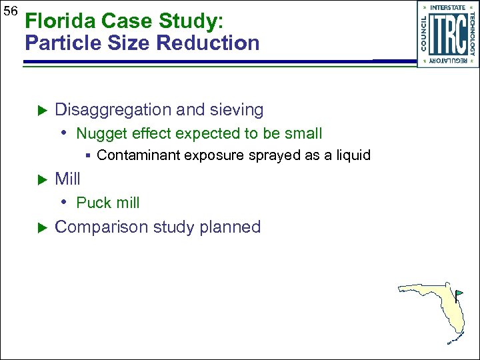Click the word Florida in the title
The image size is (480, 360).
(x=53, y=21)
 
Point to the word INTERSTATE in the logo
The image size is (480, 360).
(x=447, y=8)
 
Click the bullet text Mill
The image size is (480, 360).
(x=67, y=179)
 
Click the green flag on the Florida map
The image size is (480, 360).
(x=459, y=293)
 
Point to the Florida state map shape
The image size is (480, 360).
(x=440, y=307)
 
